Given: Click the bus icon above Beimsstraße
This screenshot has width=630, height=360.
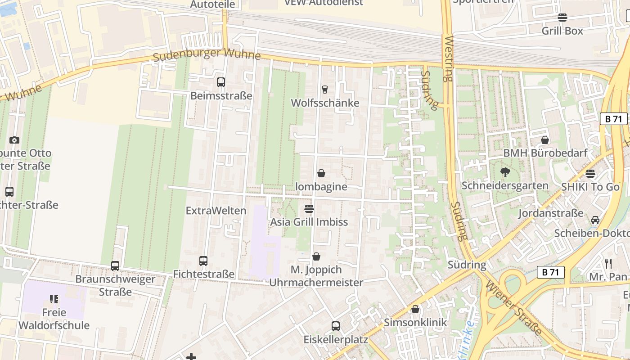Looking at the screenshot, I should point(220,82).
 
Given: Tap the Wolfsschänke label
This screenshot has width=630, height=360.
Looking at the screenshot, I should point(325,103).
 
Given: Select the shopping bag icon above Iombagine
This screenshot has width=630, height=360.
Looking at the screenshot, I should point(321,173).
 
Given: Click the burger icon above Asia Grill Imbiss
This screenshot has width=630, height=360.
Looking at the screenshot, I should point(309,209).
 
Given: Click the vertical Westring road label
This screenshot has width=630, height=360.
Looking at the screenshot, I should point(448,59).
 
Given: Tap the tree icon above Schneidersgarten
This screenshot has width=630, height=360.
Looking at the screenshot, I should point(505,172).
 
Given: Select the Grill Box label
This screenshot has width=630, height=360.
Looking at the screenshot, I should point(562,31).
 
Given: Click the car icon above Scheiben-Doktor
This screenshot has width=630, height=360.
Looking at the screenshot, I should point(595,220).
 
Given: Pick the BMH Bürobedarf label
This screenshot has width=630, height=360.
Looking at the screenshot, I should point(545,153).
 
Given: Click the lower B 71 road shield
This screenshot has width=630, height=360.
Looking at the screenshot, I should point(550,272).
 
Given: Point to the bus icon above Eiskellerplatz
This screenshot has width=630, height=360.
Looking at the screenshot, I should point(336,326).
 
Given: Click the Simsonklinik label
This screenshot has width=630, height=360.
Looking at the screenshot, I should point(415,323).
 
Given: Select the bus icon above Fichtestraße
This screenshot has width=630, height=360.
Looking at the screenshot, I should point(203,261).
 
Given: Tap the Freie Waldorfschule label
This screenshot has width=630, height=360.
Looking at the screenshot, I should point(54,319).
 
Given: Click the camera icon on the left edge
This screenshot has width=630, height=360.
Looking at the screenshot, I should point(14,140).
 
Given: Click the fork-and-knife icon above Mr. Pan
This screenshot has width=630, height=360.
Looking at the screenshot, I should point(608,263).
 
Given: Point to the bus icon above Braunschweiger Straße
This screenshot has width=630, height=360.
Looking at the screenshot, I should point(115,266).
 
